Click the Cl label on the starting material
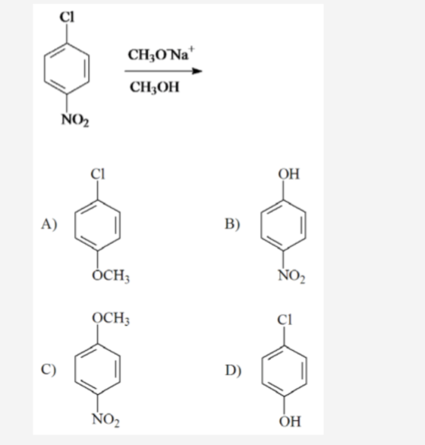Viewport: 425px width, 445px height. pos(67,17)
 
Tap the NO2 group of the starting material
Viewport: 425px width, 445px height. pos(75,120)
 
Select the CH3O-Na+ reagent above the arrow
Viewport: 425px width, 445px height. pos(161,54)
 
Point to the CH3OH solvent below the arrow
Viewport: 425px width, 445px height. pos(155,87)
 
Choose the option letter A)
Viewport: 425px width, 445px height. pos(49,224)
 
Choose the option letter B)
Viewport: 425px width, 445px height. pos(232,224)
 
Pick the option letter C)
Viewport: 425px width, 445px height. pos(49,370)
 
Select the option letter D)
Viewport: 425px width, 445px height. pos(233,370)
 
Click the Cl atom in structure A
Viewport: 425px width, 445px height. pos(98,174)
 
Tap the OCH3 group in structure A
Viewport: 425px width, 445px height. pos(111,276)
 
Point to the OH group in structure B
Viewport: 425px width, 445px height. pos(289,174)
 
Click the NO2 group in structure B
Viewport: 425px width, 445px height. pos(291,276)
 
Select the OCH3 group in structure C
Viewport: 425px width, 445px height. pos(111,318)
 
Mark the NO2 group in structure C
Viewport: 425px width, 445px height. pos(105,419)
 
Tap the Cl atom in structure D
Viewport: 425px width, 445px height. pos(285,320)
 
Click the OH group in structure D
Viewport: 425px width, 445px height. pos(290,421)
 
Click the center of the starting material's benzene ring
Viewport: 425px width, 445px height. pos(67,68)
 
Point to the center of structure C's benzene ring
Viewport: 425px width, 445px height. pos(98,369)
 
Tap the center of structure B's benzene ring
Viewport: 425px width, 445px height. pos(283,225)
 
